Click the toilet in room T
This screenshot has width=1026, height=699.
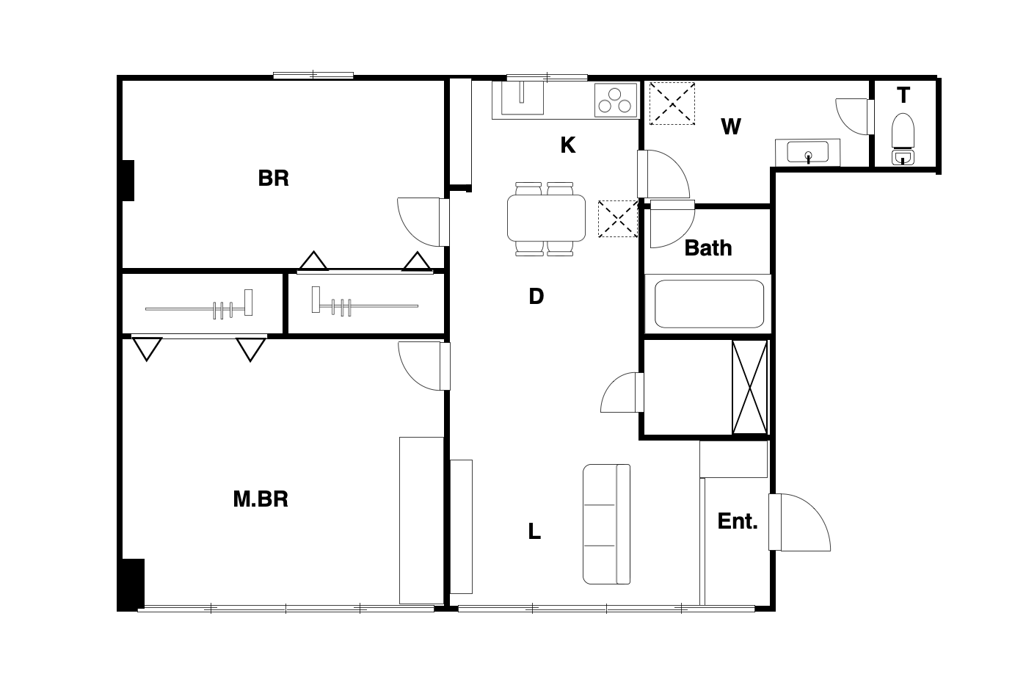tap(903, 139)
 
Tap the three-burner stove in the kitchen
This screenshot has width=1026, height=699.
tap(616, 100)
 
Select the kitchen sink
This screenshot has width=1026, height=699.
tap(522, 98)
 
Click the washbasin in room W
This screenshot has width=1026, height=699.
tap(807, 152)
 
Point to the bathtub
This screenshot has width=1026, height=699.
tap(709, 304)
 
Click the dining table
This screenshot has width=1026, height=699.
tap(546, 218)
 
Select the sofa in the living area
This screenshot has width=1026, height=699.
tap(606, 524)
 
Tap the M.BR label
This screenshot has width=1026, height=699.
tap(261, 499)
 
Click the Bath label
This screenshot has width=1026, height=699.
tap(708, 248)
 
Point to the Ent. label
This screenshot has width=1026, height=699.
tap(738, 521)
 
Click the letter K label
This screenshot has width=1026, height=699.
tap(568, 145)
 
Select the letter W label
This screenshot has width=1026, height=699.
tap(731, 126)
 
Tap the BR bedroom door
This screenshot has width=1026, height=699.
tap(423, 222)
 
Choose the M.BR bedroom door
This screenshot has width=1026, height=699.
tap(424, 366)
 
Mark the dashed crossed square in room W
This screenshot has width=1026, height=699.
tap(672, 104)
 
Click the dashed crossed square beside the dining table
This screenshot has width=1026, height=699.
tap(618, 219)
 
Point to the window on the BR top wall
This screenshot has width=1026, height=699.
tap(313, 75)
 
